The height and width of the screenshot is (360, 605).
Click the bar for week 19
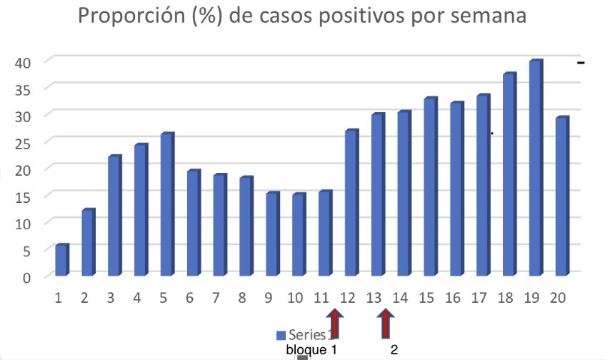536,169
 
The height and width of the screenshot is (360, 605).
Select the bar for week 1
62,261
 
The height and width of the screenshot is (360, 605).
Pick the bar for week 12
351,204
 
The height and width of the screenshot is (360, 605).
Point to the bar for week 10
299,235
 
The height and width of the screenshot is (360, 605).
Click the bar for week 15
431,187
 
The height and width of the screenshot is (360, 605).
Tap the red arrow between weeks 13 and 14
386,323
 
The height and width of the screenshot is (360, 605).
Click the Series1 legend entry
303,335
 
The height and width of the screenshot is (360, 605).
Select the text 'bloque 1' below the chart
311,350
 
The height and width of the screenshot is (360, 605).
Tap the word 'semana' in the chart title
484,16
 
